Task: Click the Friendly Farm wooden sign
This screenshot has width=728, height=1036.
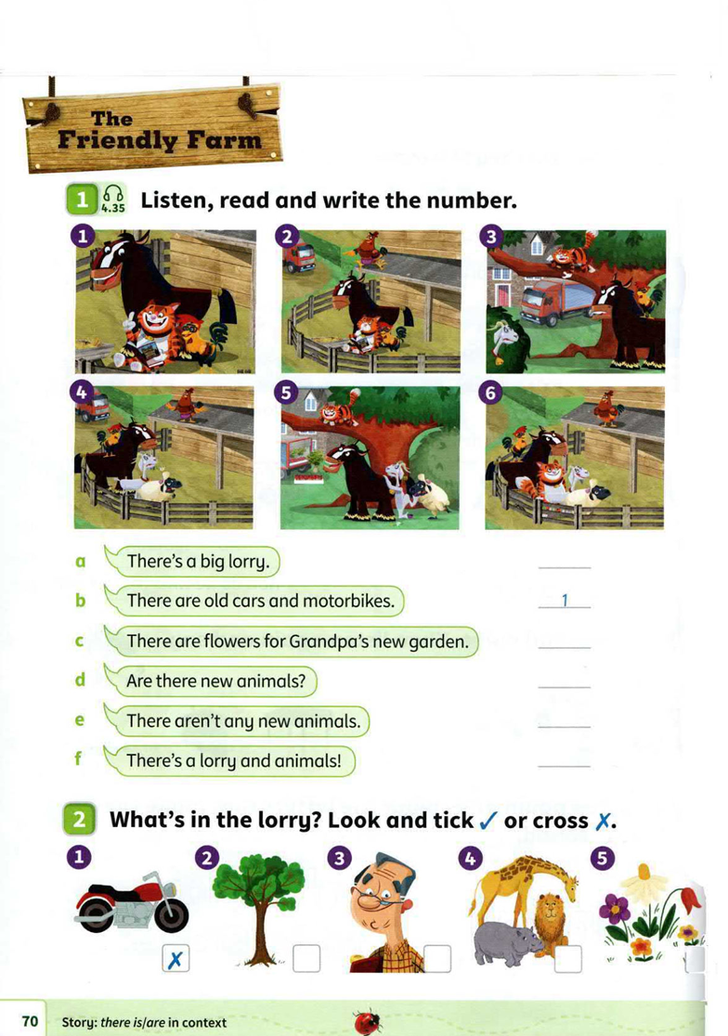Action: (154, 128)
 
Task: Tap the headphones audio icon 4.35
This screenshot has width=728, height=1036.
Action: (113, 198)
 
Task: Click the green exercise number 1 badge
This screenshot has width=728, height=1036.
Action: (83, 199)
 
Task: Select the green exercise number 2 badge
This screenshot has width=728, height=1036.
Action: (80, 820)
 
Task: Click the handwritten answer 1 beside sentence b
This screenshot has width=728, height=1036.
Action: (564, 601)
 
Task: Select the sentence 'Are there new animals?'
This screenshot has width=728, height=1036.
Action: (215, 680)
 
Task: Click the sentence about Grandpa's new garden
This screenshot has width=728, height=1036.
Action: (296, 641)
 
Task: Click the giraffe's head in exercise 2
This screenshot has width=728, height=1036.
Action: (562, 876)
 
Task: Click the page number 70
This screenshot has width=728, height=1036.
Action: (30, 1021)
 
